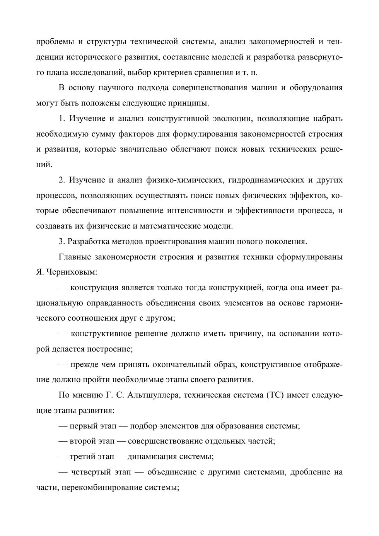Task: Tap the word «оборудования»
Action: (x=317, y=88)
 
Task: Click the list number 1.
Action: (x=61, y=118)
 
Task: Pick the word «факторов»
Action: (x=135, y=134)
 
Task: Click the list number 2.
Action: (x=61, y=180)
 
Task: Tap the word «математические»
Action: (x=172, y=226)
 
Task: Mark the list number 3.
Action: (x=61, y=241)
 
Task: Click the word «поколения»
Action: (x=288, y=241)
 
